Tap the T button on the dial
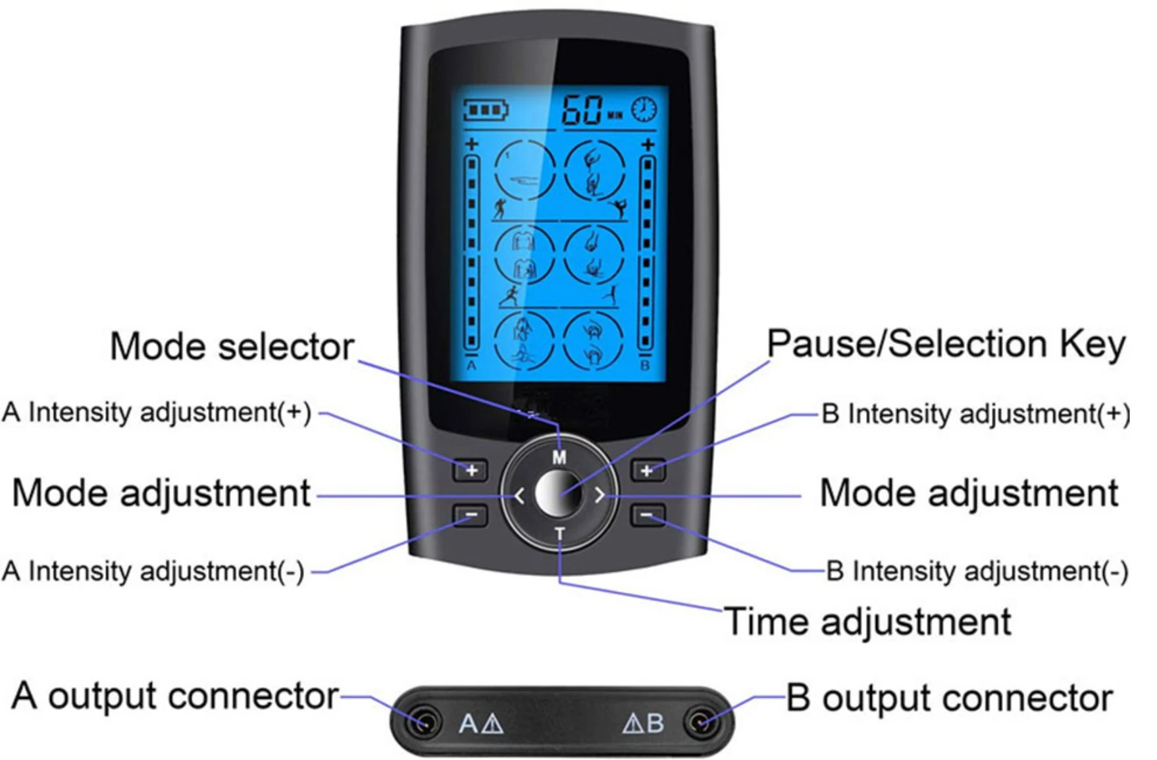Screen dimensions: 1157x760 click(x=559, y=533)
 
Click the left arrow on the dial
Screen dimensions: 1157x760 click(x=520, y=495)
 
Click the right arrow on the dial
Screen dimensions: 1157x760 click(x=599, y=495)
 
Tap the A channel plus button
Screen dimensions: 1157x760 click(x=471, y=470)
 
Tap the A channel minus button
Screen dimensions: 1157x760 click(x=471, y=515)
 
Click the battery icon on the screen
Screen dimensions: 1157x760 click(x=486, y=109)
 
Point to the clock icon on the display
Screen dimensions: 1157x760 click(x=644, y=109)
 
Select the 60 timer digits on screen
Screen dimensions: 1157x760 click(x=582, y=109)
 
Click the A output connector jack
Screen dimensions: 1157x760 click(x=424, y=722)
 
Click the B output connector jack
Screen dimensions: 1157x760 click(x=699, y=722)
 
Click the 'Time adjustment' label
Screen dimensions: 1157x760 click(x=867, y=622)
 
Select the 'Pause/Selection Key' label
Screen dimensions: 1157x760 click(x=946, y=344)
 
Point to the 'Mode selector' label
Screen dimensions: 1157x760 click(x=232, y=346)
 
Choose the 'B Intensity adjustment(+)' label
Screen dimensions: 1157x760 click(x=975, y=414)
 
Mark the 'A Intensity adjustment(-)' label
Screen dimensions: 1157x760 click(x=153, y=571)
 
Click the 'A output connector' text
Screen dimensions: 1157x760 click(x=175, y=696)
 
